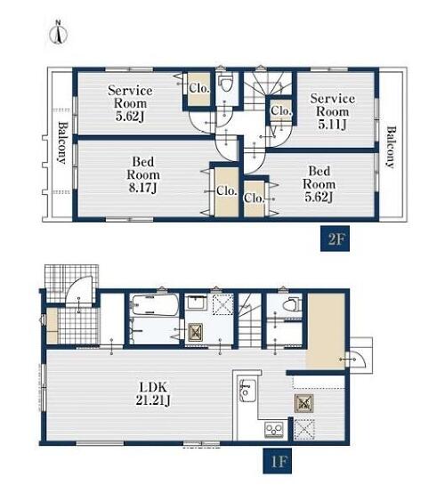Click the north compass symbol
[58, 33]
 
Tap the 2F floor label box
[335, 238]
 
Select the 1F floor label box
[278, 461]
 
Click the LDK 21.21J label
[153, 393]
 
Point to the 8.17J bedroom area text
[142, 188]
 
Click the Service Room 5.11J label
[332, 111]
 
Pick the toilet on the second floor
[225, 83]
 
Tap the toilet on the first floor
[291, 304]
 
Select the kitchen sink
[247, 391]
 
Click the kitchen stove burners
[274, 430]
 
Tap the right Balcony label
[391, 148]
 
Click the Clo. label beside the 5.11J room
[281, 110]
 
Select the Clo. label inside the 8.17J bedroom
[226, 190]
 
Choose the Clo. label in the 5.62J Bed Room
[254, 198]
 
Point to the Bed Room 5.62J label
[319, 184]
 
